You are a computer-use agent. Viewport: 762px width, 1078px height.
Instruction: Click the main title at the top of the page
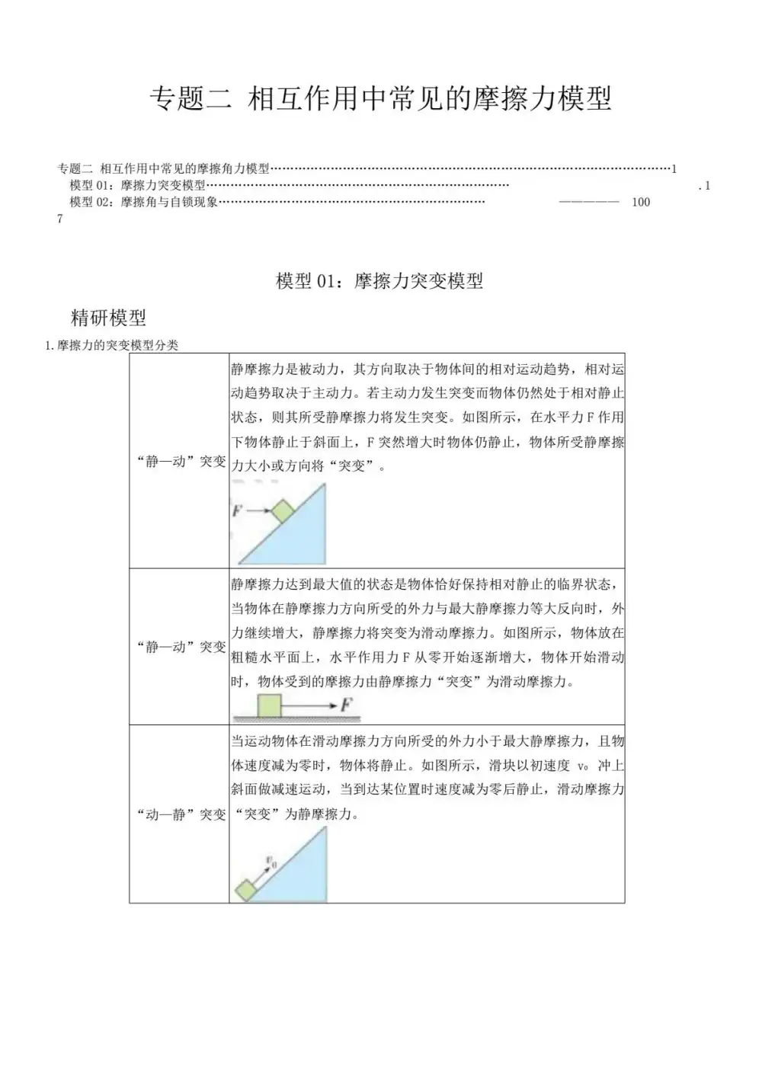380,99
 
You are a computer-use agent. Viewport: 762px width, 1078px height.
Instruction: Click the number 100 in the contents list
641,202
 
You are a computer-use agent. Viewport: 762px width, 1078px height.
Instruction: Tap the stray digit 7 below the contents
60,219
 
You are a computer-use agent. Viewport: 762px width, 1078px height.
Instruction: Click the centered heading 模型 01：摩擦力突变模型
379,281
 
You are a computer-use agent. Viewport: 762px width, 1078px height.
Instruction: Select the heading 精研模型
108,318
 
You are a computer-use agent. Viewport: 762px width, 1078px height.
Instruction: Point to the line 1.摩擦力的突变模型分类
112,345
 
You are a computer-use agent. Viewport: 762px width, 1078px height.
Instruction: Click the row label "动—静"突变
181,814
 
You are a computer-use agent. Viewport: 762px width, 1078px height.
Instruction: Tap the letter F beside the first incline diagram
237,511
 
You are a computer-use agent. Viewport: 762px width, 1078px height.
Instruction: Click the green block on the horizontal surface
270,705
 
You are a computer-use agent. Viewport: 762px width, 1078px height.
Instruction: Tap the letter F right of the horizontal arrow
347,705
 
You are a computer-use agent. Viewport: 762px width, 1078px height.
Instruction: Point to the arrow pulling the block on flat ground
309,706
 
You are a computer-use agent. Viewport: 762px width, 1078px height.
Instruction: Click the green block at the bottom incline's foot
245,889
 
